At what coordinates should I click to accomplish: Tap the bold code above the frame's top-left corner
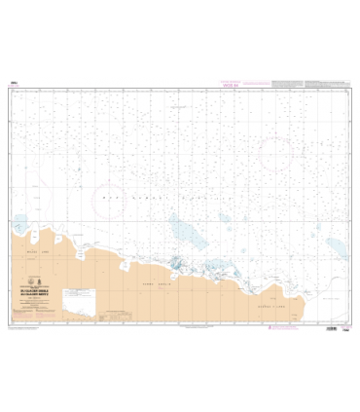click(11, 86)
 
